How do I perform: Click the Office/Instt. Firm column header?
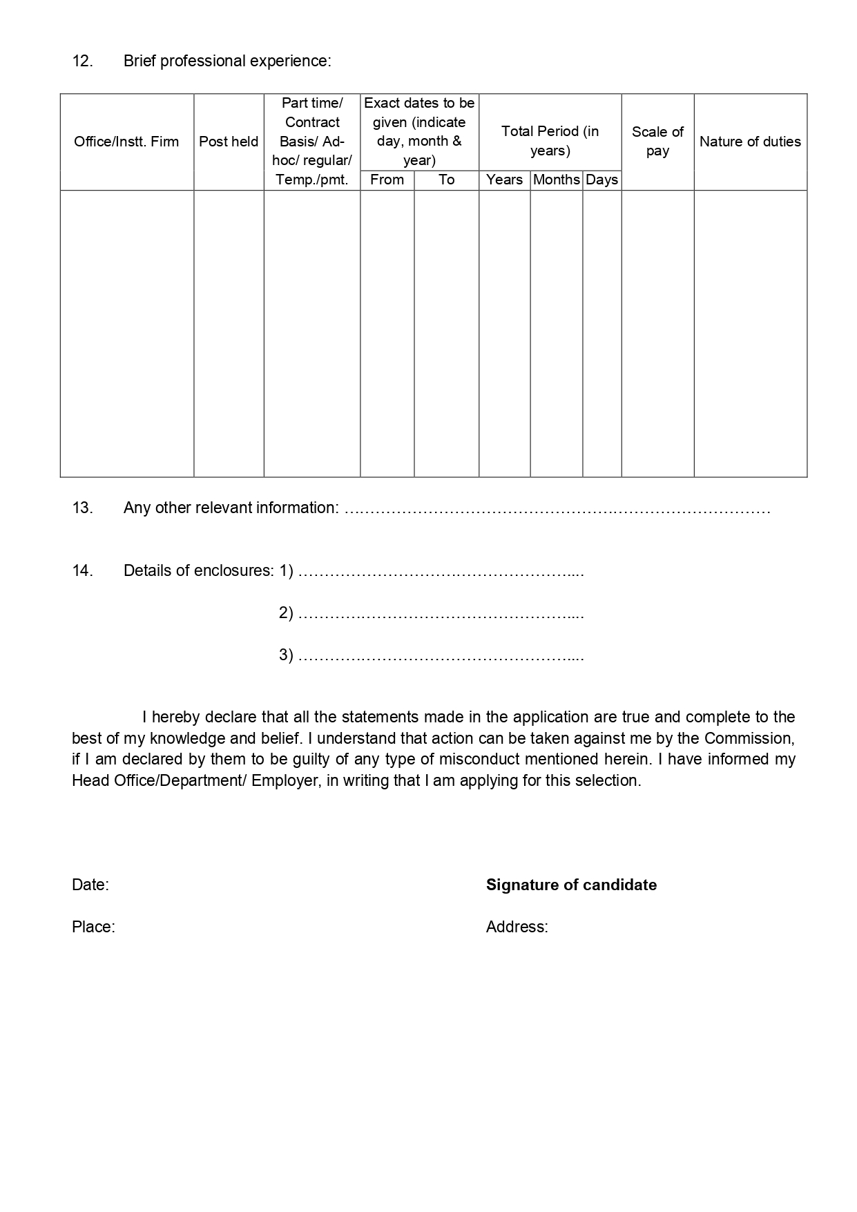pos(126,142)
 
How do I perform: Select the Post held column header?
pos(229,142)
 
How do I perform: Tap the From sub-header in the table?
pos(387,180)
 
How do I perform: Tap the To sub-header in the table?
pos(446,180)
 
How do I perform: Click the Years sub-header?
pos(504,180)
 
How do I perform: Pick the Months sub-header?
pos(556,180)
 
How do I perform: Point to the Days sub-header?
pos(601,180)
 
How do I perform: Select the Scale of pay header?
pos(657,141)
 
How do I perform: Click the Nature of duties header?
pos(750,142)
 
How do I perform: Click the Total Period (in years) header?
pos(550,141)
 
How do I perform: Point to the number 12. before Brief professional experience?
pos(82,61)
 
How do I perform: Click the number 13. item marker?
pos(82,508)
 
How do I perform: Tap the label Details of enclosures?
pos(198,570)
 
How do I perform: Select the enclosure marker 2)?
pos(286,613)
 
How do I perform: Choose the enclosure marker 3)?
pos(286,655)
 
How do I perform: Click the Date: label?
pos(90,885)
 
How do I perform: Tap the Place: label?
pos(93,927)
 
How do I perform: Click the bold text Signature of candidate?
pos(571,885)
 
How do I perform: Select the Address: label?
pos(517,927)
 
